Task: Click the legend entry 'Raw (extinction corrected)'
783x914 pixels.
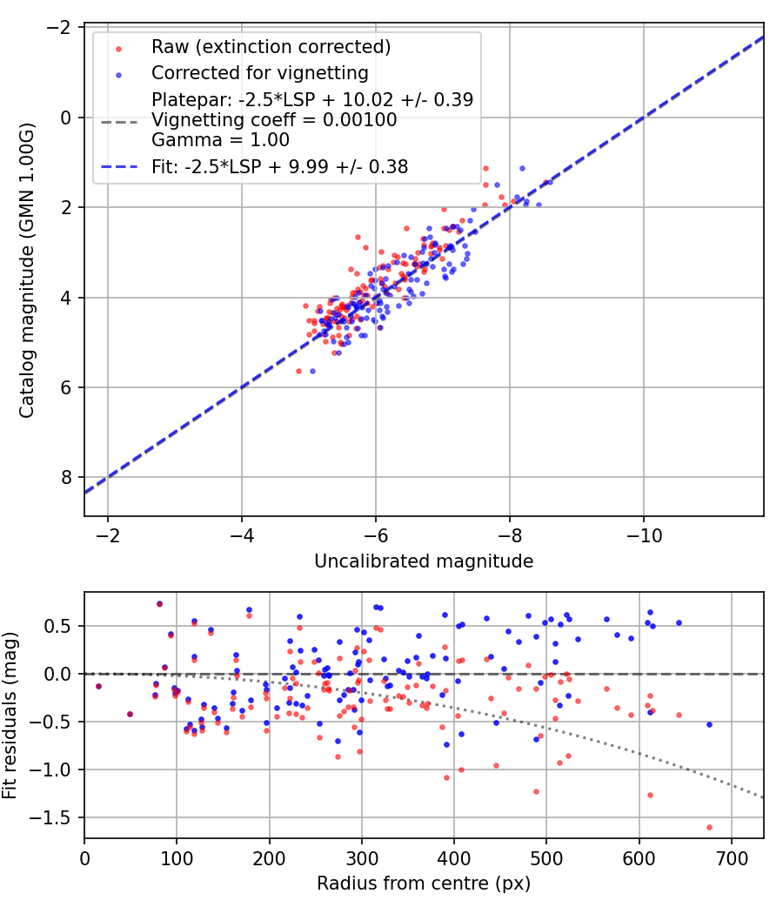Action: [271, 47]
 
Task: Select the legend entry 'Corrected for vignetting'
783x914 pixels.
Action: [260, 73]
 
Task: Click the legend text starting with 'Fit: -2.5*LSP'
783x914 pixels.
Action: [279, 167]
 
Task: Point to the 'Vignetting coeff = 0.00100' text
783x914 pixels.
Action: [274, 119]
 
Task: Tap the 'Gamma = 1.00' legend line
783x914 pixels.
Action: [220, 140]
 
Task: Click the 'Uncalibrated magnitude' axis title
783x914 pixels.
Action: [424, 561]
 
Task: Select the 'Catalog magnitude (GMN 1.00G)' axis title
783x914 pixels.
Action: [27, 270]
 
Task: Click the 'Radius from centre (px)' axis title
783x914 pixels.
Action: [424, 884]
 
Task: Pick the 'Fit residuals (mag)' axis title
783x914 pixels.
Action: [10, 716]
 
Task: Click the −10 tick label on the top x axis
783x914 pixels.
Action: [644, 535]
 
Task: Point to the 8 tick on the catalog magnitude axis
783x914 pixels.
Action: [66, 477]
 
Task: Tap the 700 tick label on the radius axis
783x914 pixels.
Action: [731, 858]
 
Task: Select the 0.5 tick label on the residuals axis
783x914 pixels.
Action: [57, 626]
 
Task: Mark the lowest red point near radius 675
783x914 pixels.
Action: [709, 827]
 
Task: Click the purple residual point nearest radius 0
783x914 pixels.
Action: [98, 686]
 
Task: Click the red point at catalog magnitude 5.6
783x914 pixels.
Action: [299, 372]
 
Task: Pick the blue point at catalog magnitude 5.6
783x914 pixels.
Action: [312, 372]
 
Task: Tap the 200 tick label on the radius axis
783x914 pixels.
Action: [269, 858]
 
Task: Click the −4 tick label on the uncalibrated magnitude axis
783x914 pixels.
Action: [242, 535]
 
